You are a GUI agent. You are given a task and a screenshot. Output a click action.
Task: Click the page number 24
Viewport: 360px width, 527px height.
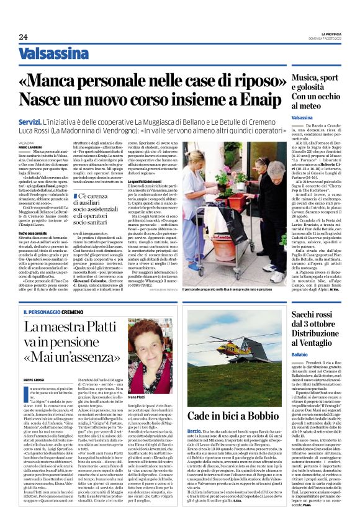pyautogui.click(x=24, y=37)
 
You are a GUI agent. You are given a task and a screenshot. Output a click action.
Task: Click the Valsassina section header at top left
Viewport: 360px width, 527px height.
pyautogui.click(x=53, y=54)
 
